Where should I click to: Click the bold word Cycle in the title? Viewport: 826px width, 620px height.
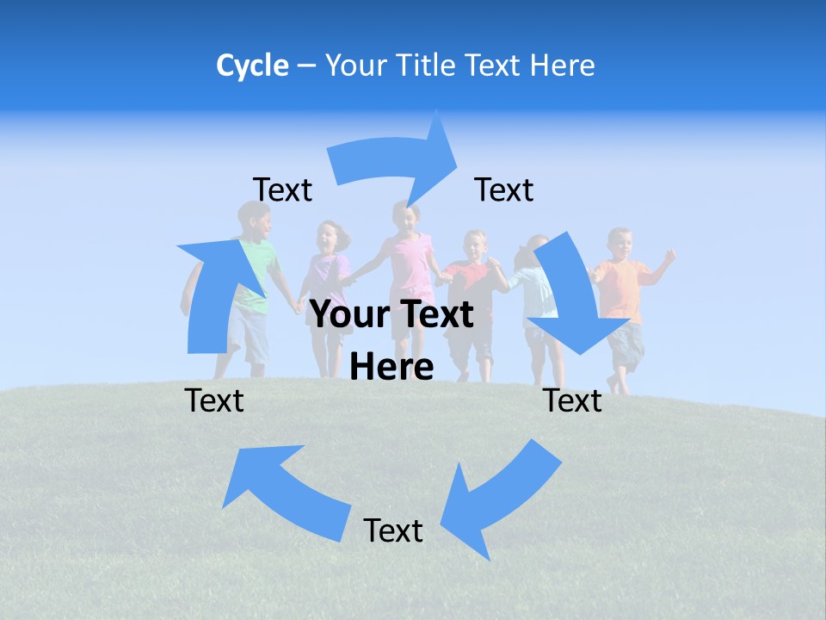252,65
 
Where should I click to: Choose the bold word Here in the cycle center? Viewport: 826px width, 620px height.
392,367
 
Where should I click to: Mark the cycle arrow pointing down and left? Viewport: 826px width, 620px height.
499,495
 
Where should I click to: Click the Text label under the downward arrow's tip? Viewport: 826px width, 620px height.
572,400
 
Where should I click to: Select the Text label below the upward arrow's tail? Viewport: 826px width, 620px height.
214,400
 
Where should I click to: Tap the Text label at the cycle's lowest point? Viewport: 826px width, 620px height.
393,530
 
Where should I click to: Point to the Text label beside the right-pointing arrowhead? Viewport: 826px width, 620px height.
504,189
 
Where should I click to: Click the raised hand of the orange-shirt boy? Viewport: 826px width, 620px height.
669,255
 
